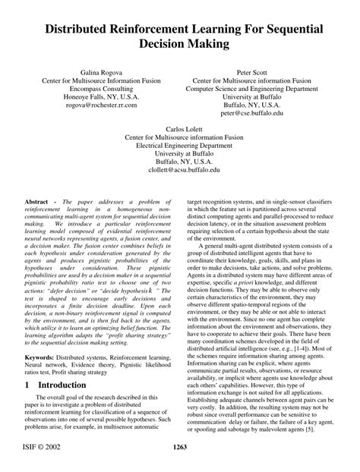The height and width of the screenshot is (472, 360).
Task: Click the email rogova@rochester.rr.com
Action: tap(100, 105)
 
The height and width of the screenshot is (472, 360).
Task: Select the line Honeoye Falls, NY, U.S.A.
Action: tap(100, 96)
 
